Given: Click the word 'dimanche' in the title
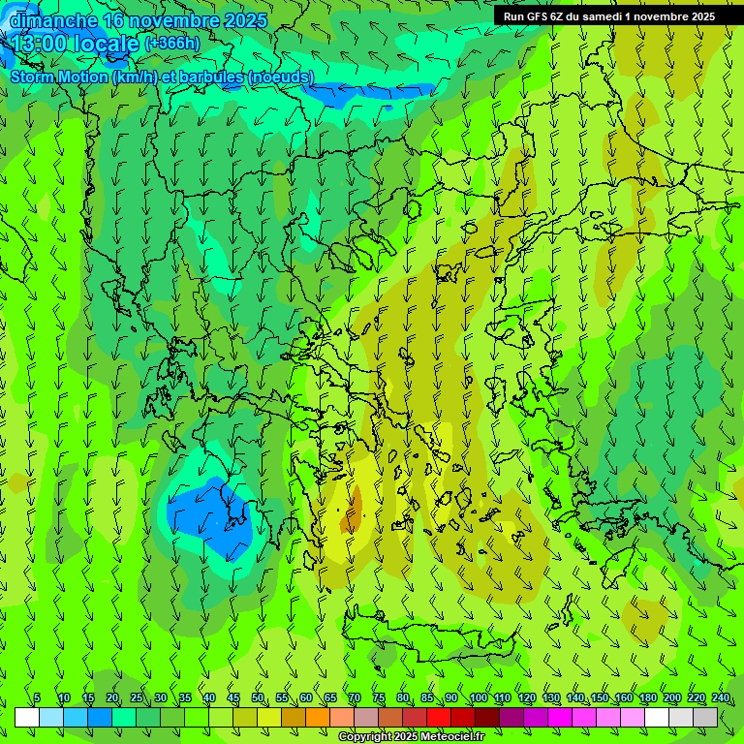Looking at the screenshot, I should coord(53,20).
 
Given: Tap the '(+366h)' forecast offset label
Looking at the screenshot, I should coord(172,43).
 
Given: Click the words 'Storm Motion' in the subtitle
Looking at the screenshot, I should coord(60,77).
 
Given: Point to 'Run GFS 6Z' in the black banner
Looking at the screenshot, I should coord(533,16).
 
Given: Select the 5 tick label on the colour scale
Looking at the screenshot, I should coord(37,697).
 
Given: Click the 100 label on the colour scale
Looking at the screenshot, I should coord(479,697).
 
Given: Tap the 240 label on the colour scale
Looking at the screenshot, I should coord(721,697).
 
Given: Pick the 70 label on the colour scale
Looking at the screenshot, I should coord(355,697).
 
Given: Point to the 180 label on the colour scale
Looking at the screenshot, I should coord(647,697).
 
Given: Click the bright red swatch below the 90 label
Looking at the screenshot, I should coord(439,718).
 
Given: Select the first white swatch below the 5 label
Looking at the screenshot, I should coord(27,718).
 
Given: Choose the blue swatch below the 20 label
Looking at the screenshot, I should coord(100,718).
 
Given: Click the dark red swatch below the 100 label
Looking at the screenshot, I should coord(487,718).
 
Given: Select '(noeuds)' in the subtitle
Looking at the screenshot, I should coord(281,77).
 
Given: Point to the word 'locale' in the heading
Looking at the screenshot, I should coord(104,44).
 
